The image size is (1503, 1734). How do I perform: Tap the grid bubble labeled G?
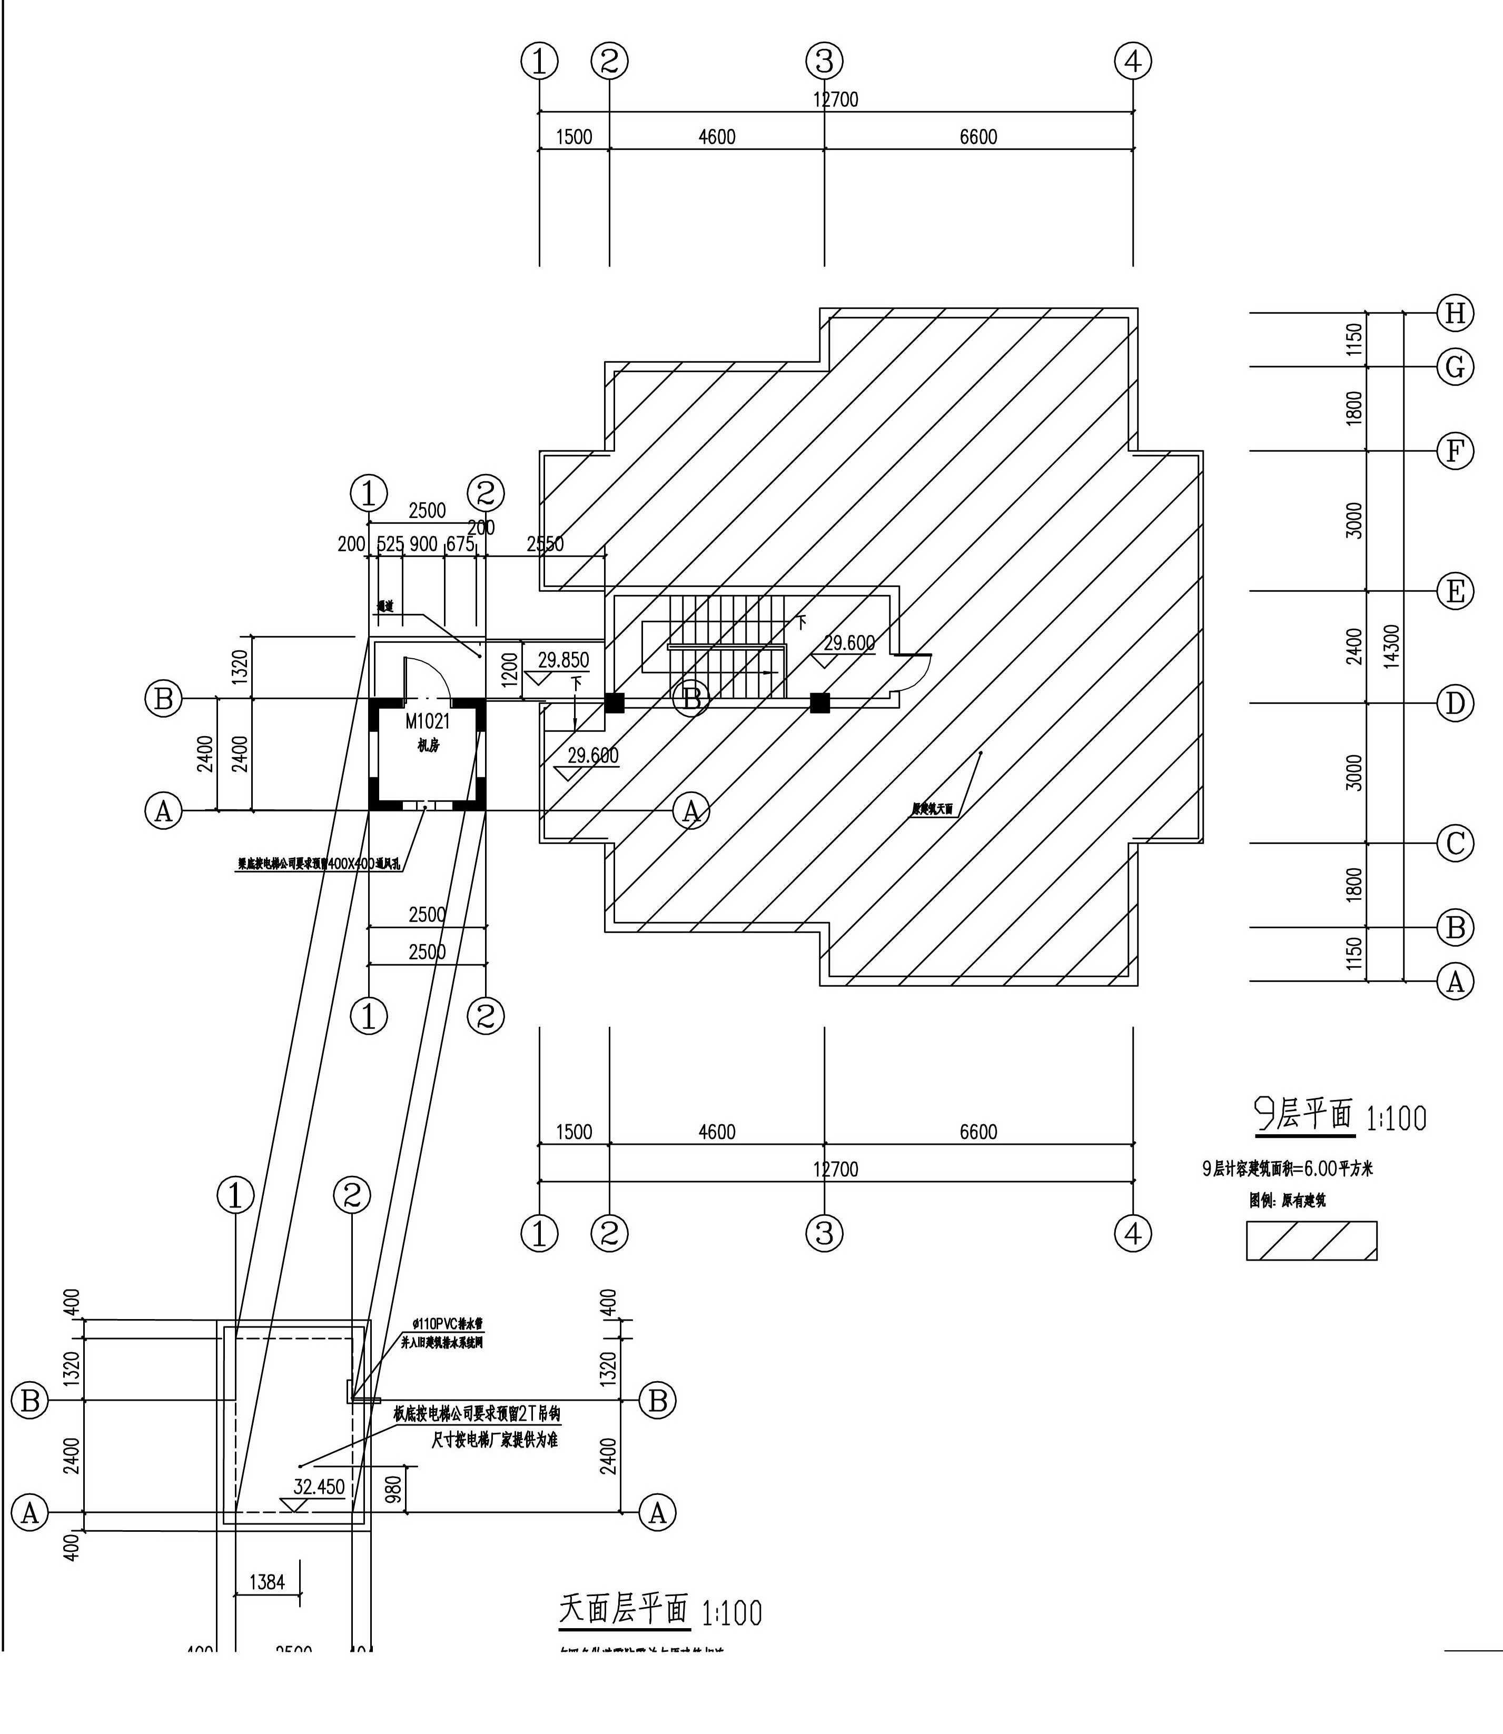[1455, 366]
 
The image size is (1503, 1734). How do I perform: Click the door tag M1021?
[428, 721]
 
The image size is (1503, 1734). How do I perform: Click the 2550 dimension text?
[545, 543]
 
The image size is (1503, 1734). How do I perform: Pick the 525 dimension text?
[390, 544]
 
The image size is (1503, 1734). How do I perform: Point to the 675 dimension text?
[460, 544]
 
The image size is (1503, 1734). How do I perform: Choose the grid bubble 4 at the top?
[1133, 61]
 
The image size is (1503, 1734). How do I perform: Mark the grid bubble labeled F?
[1455, 451]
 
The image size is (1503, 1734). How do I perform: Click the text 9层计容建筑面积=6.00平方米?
[1288, 1168]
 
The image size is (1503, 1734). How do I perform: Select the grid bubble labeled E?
[1455, 591]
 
